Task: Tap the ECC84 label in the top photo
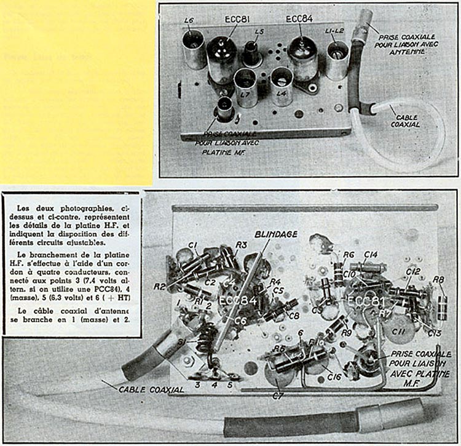tap(299, 19)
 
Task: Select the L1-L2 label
tap(334, 30)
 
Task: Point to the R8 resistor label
tap(438, 280)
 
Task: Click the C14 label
tap(370, 253)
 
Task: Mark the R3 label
tap(242, 245)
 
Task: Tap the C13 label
tap(434, 333)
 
